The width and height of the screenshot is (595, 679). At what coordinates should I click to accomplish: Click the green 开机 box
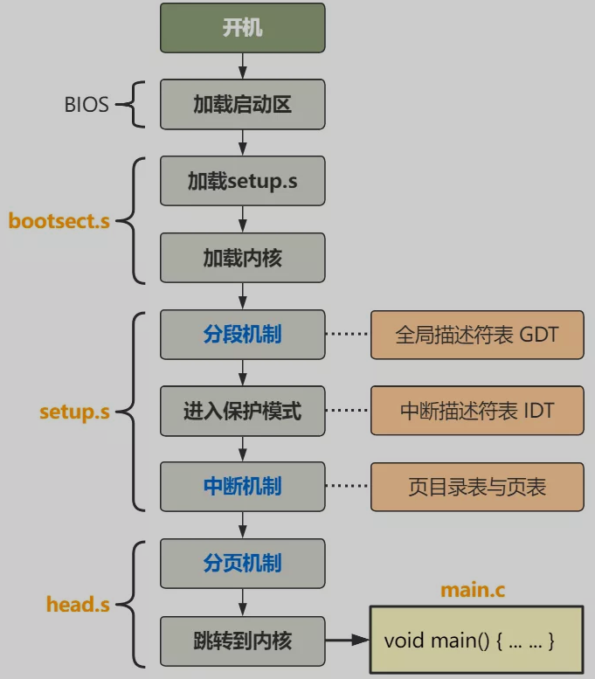(242, 27)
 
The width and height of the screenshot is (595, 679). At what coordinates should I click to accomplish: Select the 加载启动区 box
(242, 105)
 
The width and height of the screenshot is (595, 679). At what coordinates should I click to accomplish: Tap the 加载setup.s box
(242, 181)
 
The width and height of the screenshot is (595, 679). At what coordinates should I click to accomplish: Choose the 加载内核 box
(242, 258)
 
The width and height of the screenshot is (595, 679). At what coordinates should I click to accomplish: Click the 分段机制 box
(242, 334)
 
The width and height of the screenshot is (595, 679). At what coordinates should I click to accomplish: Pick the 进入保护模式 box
(242, 411)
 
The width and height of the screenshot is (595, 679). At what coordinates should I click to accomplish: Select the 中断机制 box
(242, 487)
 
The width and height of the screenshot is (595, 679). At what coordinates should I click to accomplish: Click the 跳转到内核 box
(242, 641)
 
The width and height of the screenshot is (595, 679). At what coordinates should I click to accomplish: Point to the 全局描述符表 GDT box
(476, 334)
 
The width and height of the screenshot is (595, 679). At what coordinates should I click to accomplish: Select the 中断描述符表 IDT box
(476, 411)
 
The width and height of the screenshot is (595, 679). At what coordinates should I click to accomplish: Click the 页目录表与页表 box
(476, 487)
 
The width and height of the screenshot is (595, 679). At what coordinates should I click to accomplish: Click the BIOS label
(86, 105)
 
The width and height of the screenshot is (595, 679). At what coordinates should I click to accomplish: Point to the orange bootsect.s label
(59, 220)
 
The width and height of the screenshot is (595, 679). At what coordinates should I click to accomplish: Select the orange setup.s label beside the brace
(74, 412)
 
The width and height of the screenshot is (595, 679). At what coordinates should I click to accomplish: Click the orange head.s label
(78, 603)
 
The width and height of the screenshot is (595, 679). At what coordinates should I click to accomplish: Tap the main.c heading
(473, 590)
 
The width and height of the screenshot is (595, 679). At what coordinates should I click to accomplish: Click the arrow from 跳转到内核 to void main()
(347, 641)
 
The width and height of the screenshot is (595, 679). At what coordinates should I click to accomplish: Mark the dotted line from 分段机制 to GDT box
(347, 334)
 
